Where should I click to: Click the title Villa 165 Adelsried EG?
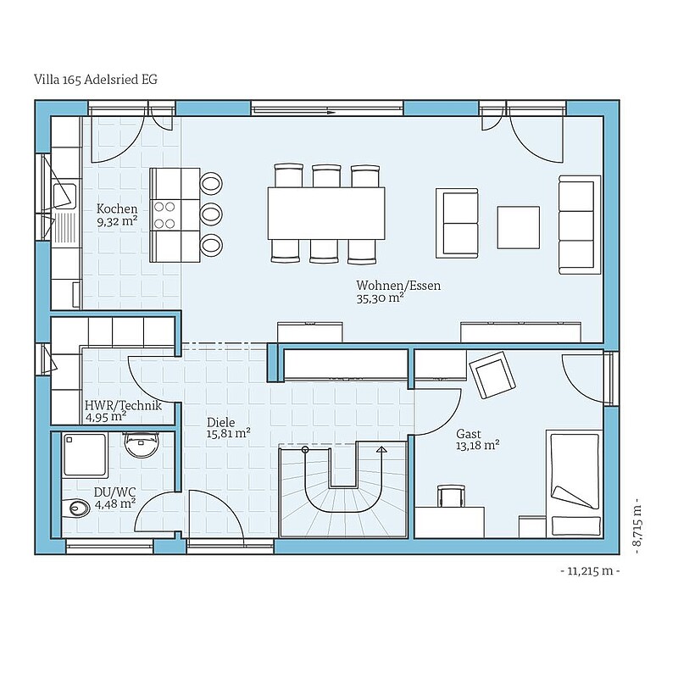point(96,80)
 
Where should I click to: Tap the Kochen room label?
point(117,208)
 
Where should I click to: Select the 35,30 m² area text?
point(380,298)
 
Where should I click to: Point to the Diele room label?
point(220,422)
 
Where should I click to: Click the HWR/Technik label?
point(123,406)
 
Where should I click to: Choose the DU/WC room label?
point(115,492)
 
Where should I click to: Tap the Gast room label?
point(469,434)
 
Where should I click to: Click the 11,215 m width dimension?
point(590,571)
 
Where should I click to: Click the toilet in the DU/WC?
point(75,507)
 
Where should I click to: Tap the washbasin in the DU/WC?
point(141,443)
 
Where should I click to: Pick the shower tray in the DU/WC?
point(84,454)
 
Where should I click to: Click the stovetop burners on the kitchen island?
point(164,215)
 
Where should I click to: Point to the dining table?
point(326,213)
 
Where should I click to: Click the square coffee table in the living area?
point(518,227)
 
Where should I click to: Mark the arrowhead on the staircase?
point(381,449)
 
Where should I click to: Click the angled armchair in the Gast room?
point(492,375)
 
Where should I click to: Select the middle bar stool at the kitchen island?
point(211,214)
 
